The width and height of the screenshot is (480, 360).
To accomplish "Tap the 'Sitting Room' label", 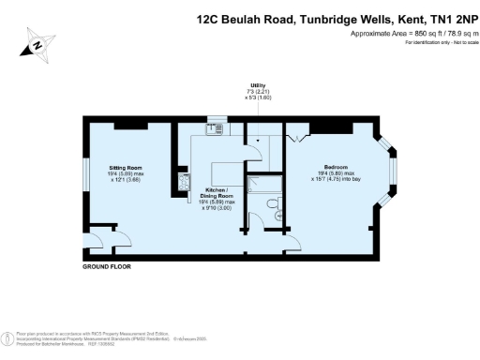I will tap(125, 166).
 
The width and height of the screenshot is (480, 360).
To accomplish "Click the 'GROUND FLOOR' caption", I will tap(108, 267).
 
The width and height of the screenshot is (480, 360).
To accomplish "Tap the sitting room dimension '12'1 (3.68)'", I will tap(126, 181).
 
